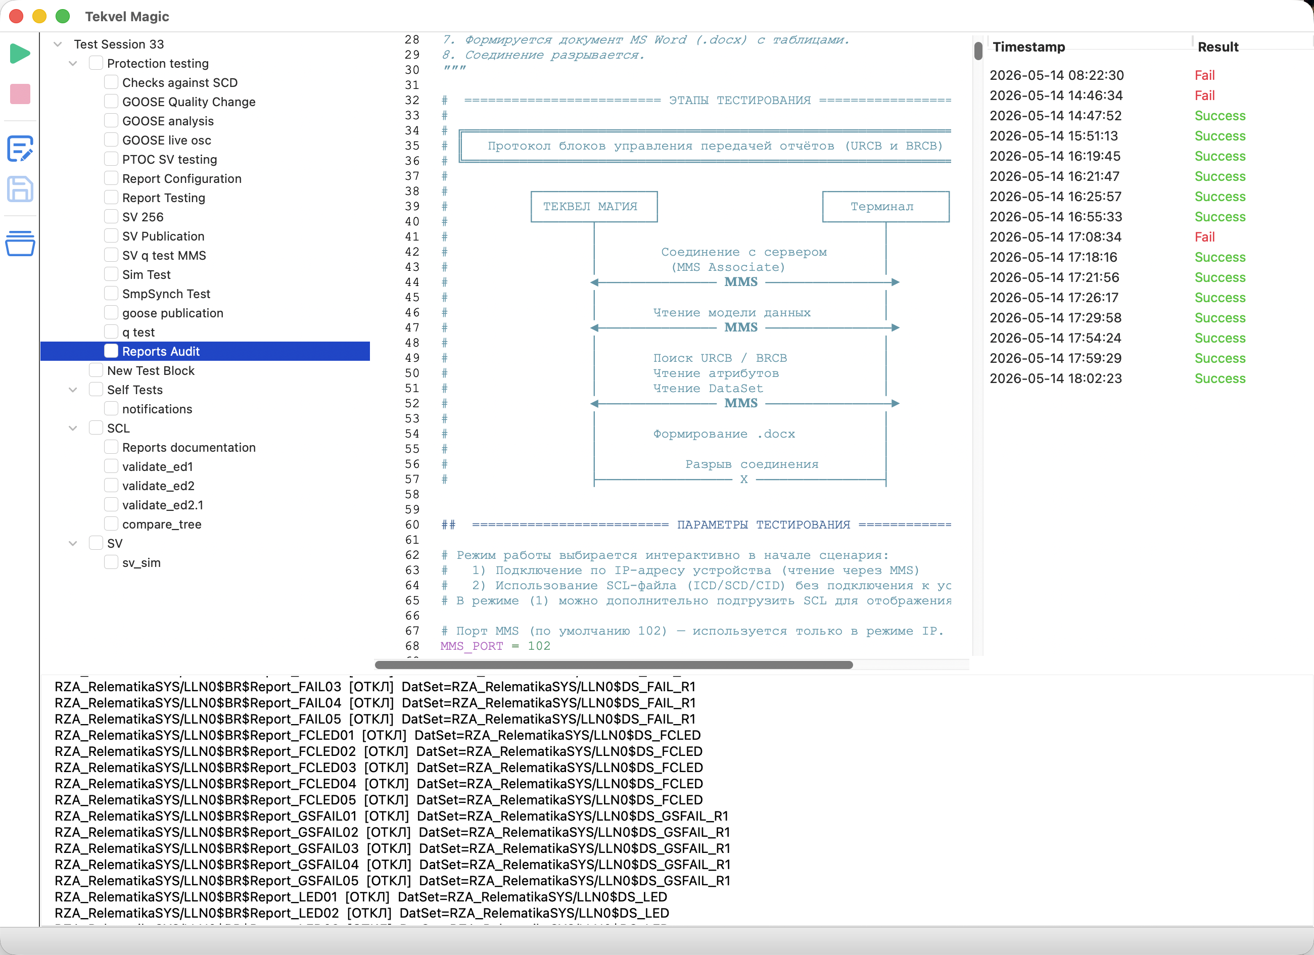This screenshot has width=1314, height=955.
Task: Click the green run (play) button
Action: point(20,53)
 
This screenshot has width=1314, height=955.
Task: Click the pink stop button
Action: point(20,94)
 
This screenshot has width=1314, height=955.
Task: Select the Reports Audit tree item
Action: point(161,351)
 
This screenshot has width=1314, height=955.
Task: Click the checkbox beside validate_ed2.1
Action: point(111,504)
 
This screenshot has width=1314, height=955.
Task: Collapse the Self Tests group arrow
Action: point(73,390)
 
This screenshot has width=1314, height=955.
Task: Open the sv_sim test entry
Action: point(142,562)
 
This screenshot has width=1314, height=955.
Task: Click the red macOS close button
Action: point(16,16)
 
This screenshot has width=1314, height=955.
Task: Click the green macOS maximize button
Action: point(63,16)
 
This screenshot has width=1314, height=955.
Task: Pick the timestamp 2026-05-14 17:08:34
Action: point(1055,237)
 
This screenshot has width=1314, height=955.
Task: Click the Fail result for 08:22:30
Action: point(1204,75)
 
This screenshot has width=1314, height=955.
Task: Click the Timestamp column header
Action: point(1028,47)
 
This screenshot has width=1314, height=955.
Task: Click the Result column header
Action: point(1218,47)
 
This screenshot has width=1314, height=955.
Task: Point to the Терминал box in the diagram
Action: point(885,206)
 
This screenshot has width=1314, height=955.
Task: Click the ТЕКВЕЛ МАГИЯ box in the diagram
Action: point(594,206)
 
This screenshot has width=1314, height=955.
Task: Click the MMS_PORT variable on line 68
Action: point(472,646)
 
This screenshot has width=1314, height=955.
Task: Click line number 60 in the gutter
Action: point(412,524)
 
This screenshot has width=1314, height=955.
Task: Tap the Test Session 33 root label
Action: point(119,44)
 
